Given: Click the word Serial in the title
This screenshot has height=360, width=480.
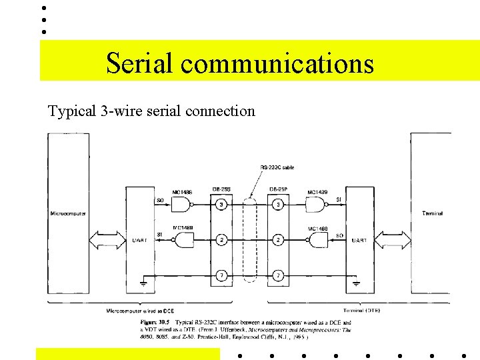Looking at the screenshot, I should (x=139, y=63).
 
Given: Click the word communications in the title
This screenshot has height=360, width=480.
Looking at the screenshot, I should (x=277, y=63).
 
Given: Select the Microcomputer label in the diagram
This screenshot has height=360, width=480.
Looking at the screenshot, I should (x=67, y=213).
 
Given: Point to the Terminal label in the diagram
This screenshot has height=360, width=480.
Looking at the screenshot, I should (x=432, y=213).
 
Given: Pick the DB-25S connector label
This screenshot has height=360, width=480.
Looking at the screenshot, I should (x=221, y=189).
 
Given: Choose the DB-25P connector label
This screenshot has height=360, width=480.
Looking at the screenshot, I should (x=278, y=189).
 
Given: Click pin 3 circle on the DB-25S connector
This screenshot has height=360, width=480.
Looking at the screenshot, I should (x=221, y=204).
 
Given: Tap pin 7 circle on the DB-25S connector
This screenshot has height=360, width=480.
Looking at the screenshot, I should (x=221, y=275).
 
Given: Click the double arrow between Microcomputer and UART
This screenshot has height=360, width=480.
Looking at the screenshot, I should (x=107, y=239).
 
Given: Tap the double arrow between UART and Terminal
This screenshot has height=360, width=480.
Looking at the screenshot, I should (x=393, y=239).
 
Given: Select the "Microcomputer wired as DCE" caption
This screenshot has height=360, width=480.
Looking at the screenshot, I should (x=141, y=311).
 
